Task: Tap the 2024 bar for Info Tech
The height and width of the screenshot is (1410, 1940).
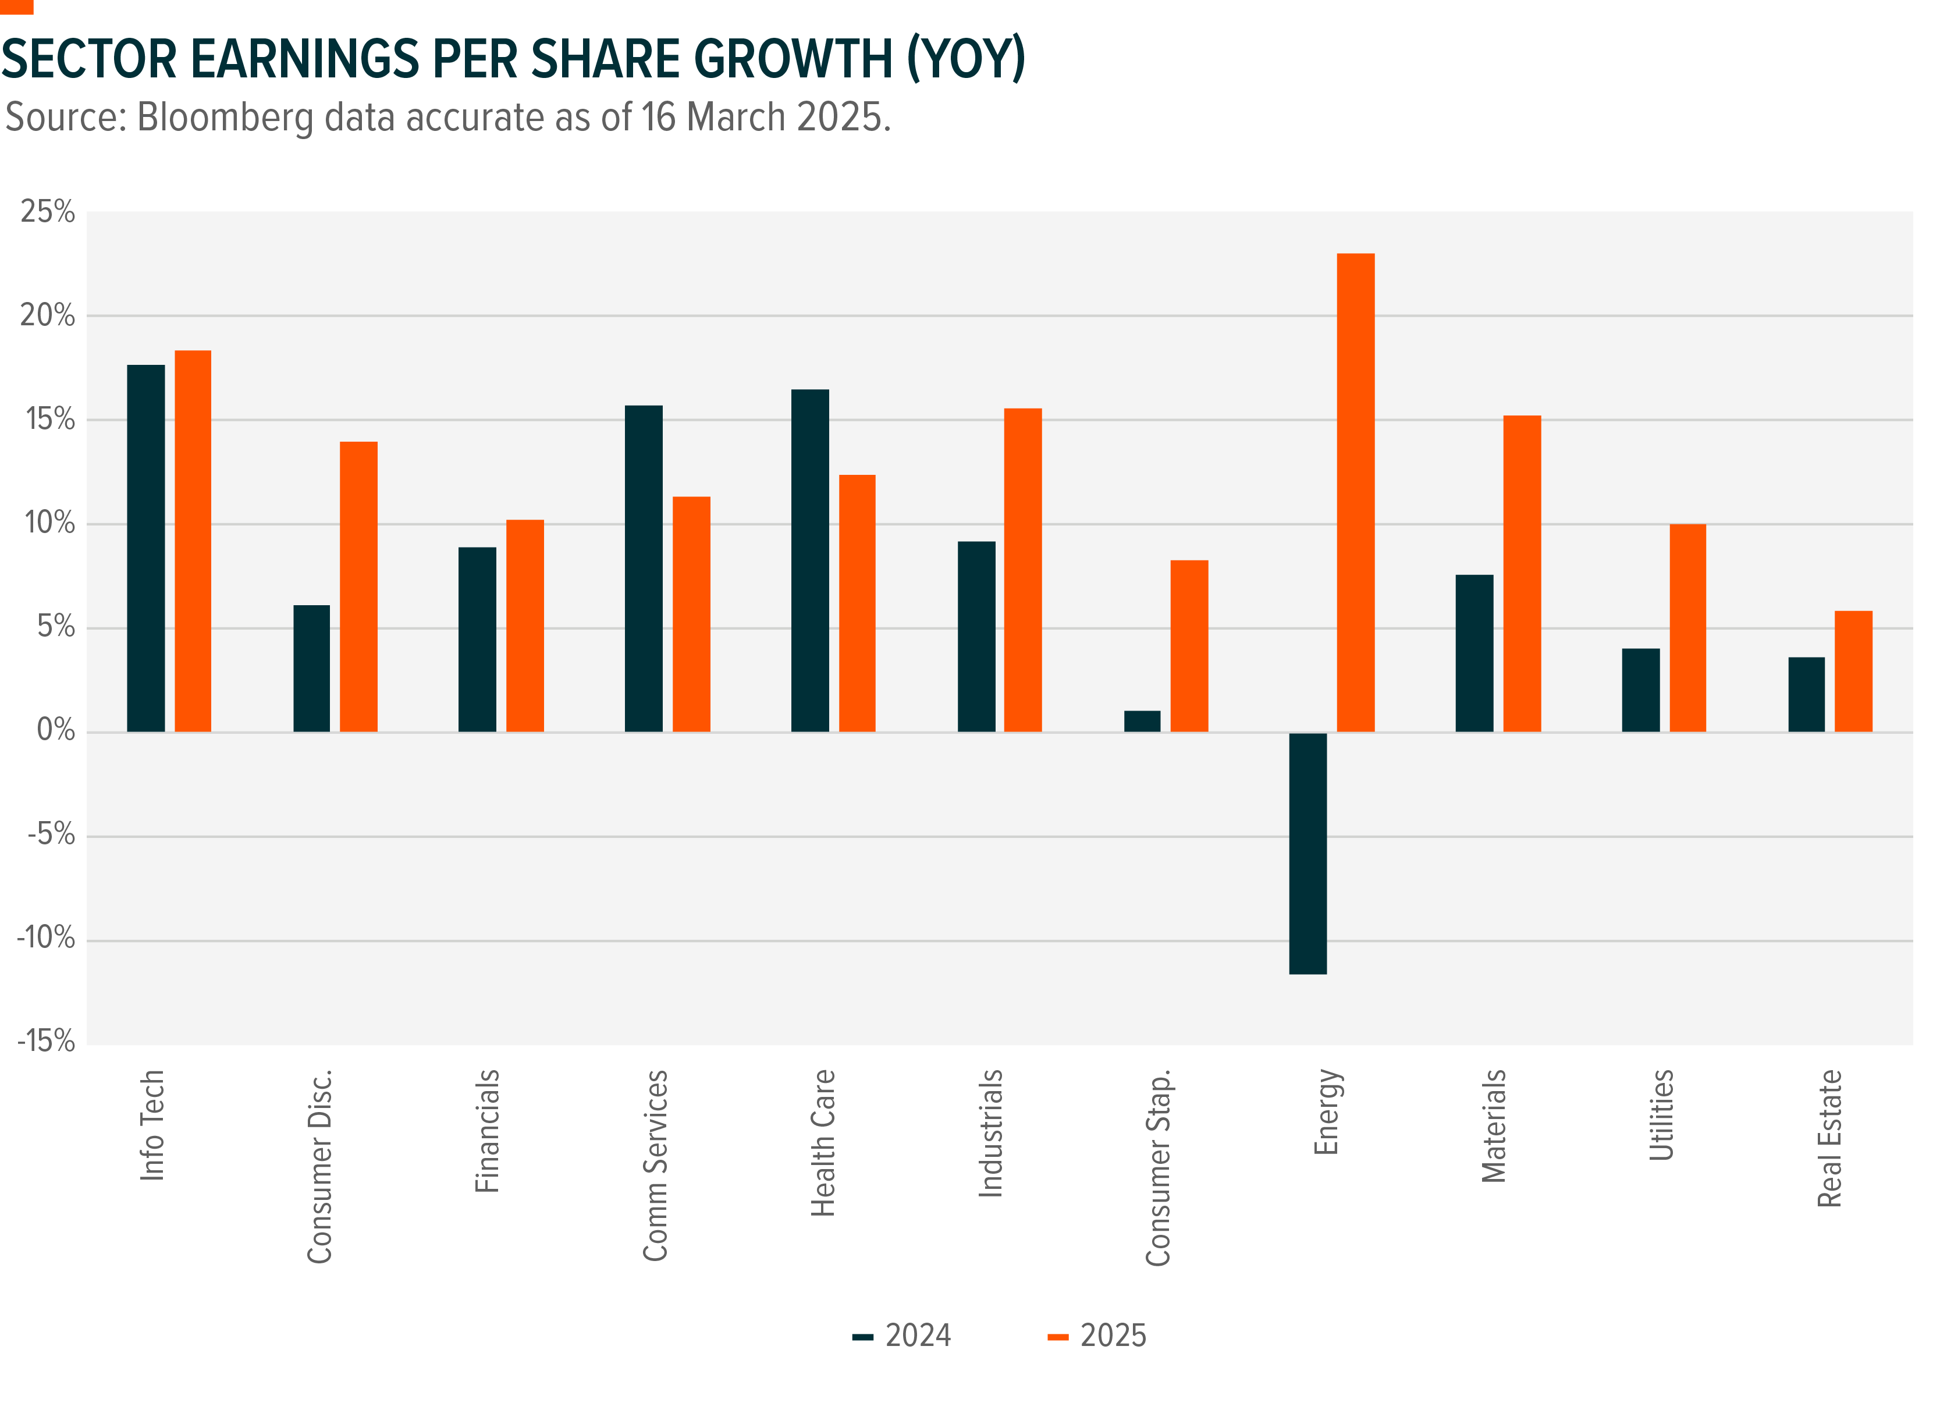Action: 145,548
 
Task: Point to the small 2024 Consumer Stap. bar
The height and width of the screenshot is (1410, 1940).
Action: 1142,721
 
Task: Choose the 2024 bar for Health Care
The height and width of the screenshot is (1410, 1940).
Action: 809,560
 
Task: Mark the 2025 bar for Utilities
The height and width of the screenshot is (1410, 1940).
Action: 1687,627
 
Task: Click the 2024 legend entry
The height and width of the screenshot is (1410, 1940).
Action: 903,1336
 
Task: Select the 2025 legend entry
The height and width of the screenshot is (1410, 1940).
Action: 1097,1336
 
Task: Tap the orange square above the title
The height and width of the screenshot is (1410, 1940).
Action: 16,7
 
